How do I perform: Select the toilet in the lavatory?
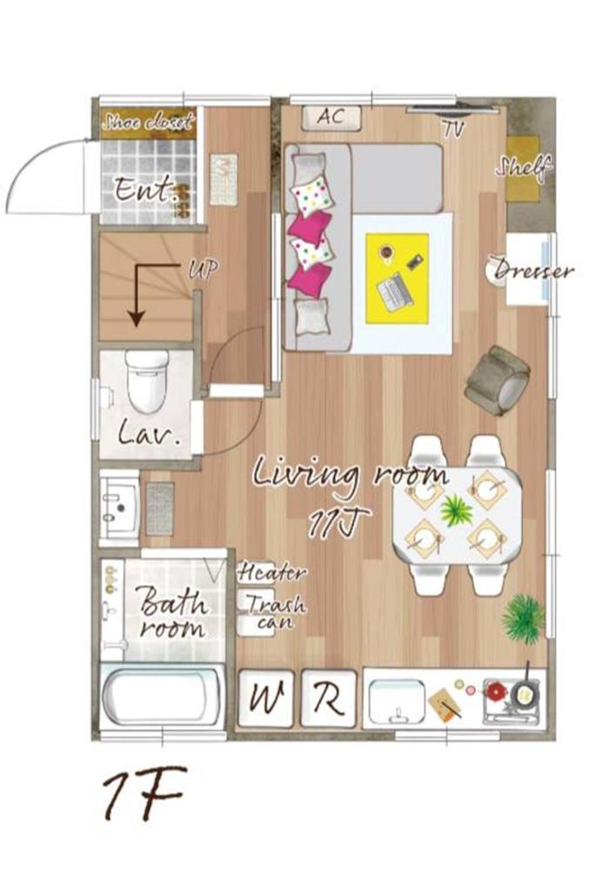pos(146,381)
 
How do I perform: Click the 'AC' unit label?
pos(331,117)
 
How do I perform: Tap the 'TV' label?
pos(452,128)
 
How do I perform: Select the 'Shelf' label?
pos(524,166)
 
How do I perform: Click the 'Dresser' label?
pos(533,271)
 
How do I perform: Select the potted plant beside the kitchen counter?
pos(524,617)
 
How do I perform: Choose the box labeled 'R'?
pos(329,698)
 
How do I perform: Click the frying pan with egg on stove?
pos(524,693)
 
